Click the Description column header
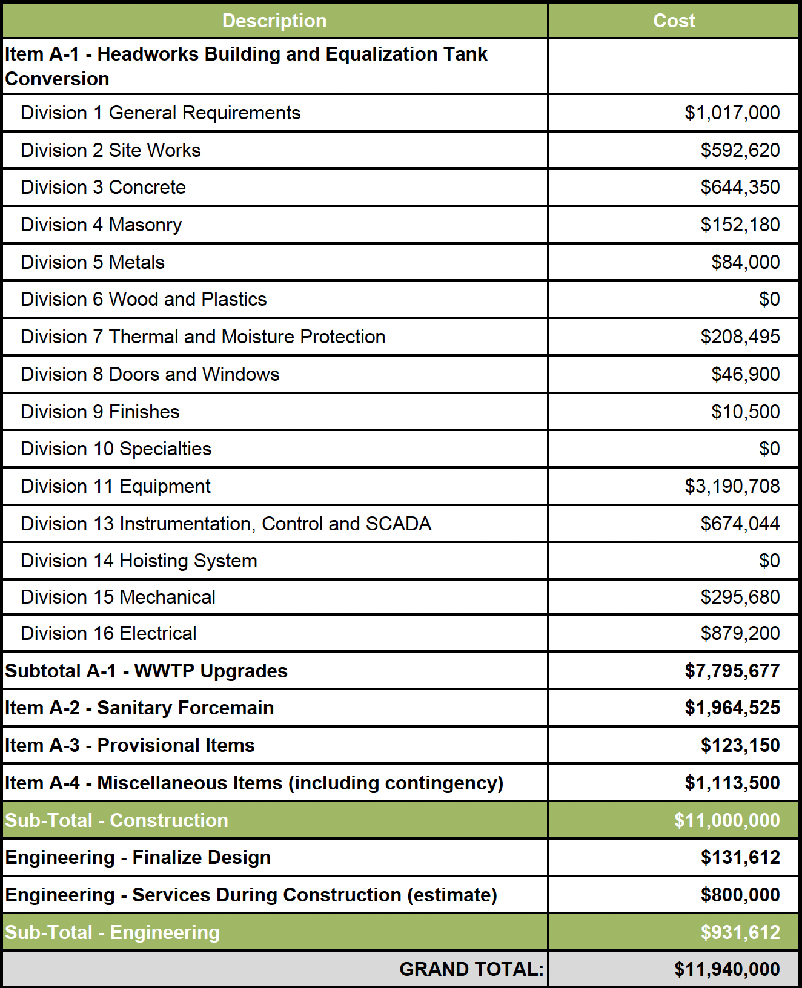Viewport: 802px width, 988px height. click(274, 21)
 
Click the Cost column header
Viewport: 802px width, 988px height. click(674, 21)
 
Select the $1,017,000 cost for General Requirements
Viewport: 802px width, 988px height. click(732, 113)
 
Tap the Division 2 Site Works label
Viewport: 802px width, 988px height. click(111, 150)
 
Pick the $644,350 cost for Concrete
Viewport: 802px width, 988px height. click(740, 187)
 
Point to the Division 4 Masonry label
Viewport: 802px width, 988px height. click(101, 225)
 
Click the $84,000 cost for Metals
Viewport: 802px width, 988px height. click(745, 262)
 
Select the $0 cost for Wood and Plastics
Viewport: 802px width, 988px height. click(769, 299)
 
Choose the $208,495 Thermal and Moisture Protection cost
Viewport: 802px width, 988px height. click(740, 337)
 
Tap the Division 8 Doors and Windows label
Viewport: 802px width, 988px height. click(150, 374)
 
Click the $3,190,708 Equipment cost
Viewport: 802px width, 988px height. click(732, 486)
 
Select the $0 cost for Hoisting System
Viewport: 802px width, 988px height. click(769, 561)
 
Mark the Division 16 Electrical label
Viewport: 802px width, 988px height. click(108, 633)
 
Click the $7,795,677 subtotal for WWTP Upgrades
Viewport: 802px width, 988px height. click(732, 671)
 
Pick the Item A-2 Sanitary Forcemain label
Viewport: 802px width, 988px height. click(139, 708)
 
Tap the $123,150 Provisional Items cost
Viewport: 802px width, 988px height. click(740, 745)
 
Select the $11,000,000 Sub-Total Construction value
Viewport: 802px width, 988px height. click(727, 820)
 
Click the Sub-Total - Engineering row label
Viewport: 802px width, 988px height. click(113, 932)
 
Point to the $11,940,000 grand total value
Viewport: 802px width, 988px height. click(727, 969)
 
